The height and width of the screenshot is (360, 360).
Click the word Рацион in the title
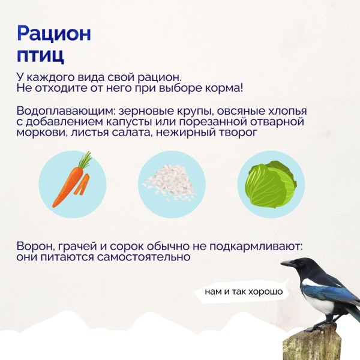tap(54, 34)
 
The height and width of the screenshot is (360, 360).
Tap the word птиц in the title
tap(40, 55)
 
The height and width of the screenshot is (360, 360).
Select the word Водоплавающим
tap(66, 111)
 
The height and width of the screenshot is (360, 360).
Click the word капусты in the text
tap(129, 122)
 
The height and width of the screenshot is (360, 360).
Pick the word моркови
tap(41, 133)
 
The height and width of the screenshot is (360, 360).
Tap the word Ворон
tap(35, 247)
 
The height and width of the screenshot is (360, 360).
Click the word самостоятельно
tap(143, 257)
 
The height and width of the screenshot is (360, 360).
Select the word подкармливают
tap(256, 247)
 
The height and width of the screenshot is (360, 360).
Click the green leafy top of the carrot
tap(85, 160)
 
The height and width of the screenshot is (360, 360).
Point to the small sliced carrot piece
tap(82, 184)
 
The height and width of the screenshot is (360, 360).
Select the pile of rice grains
tap(170, 182)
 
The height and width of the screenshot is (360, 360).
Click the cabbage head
tap(270, 184)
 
